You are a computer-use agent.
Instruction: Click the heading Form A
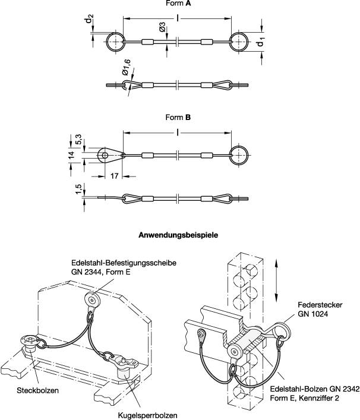pos(180,4)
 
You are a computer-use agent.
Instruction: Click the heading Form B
pos(180,118)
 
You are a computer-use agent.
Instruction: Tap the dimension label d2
pos(89,22)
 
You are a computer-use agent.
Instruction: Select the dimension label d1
pos(260,43)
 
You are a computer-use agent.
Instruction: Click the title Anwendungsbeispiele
pos(179,235)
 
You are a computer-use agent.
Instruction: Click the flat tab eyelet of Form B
pos(108,156)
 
